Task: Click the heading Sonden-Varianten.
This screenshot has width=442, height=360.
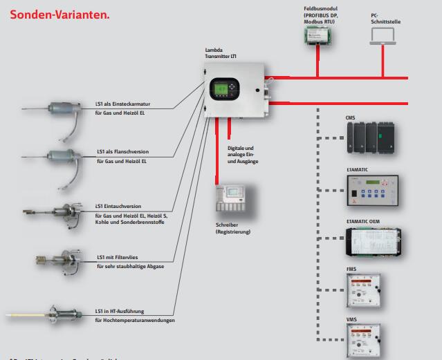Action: [x=59, y=13]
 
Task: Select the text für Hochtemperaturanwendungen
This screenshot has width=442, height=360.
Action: [x=135, y=320]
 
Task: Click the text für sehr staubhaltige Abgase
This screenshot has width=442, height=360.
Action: [x=130, y=265]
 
